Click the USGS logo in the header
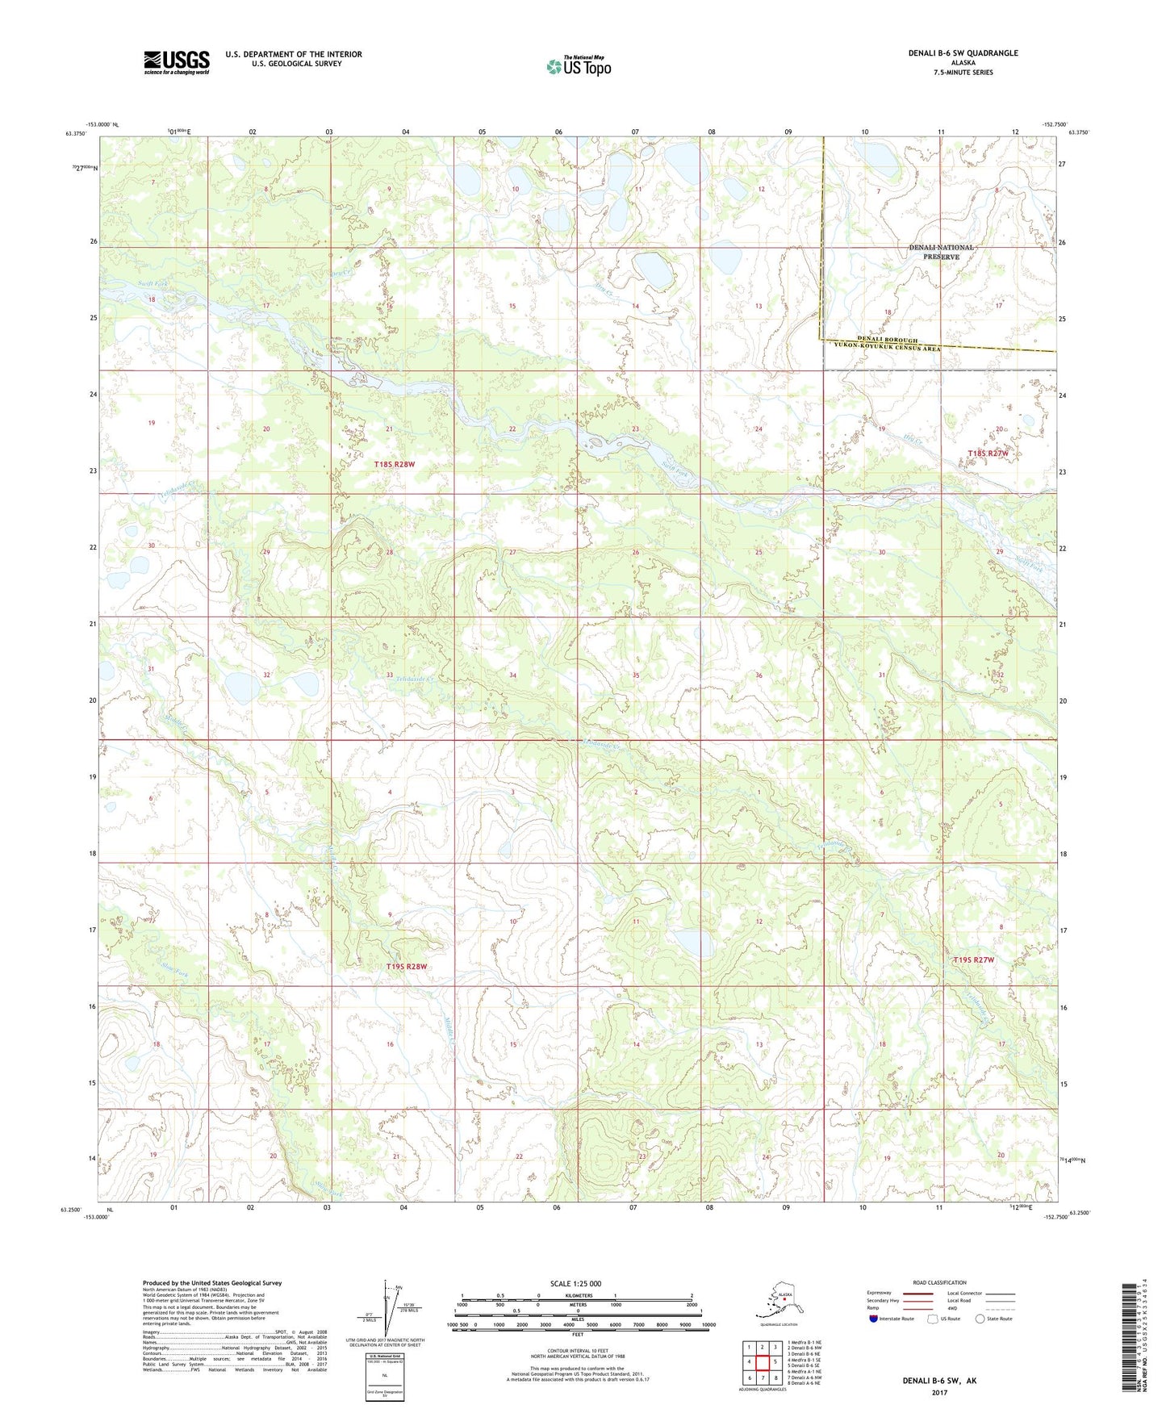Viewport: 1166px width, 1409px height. coord(177,61)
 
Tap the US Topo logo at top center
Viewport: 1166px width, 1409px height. coord(579,66)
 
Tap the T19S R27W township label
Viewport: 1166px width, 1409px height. coord(973,960)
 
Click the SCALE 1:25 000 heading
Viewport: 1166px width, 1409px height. coord(576,1283)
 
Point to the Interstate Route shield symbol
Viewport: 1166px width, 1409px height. coord(874,1318)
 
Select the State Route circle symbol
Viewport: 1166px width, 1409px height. coord(980,1319)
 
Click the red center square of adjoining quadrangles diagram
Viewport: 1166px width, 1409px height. coord(762,1361)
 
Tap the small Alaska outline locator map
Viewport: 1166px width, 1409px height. coord(775,1302)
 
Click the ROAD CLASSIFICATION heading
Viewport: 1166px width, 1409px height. coord(939,1282)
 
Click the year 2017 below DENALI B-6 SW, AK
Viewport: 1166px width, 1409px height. coord(939,1392)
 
